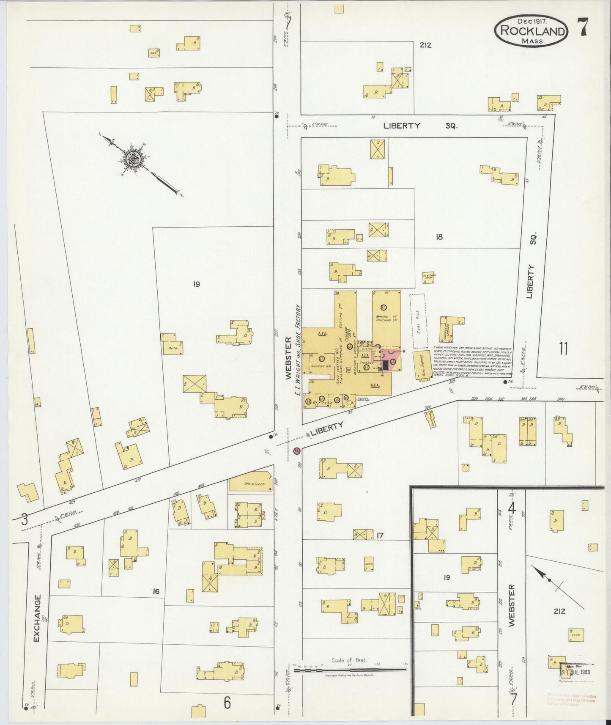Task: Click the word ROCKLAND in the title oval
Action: (x=532, y=30)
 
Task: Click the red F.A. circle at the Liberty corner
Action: (x=297, y=451)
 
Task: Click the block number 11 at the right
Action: (x=563, y=349)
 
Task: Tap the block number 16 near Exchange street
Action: (x=156, y=591)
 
